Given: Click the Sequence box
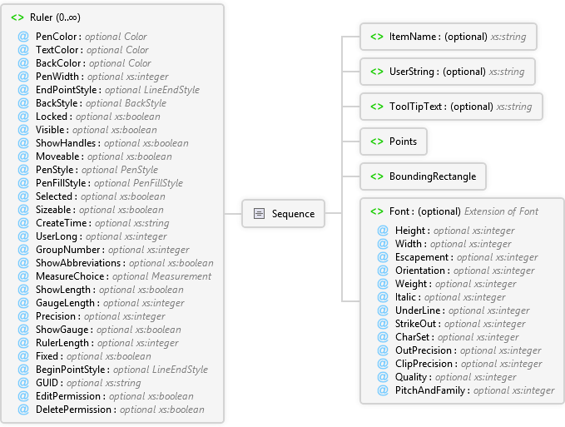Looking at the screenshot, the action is [283, 214].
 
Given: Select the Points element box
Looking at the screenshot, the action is [394, 142].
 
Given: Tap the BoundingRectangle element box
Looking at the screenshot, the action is [423, 176].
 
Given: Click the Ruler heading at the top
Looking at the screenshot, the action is [55, 17].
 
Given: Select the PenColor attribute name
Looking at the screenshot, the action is [56, 37].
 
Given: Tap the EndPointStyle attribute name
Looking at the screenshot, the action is [67, 90].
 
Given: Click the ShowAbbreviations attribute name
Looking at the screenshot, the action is [78, 263].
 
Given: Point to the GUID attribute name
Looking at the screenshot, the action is [47, 383].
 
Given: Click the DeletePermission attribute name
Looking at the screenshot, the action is [73, 410].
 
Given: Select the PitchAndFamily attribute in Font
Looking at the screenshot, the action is [430, 390].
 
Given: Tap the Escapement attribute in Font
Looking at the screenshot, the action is [422, 257].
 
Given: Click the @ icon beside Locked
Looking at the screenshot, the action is [23, 117].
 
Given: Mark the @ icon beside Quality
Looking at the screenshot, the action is [383, 377].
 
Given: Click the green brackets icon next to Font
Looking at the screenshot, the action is [377, 211].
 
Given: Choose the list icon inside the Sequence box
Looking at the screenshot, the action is [259, 214].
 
